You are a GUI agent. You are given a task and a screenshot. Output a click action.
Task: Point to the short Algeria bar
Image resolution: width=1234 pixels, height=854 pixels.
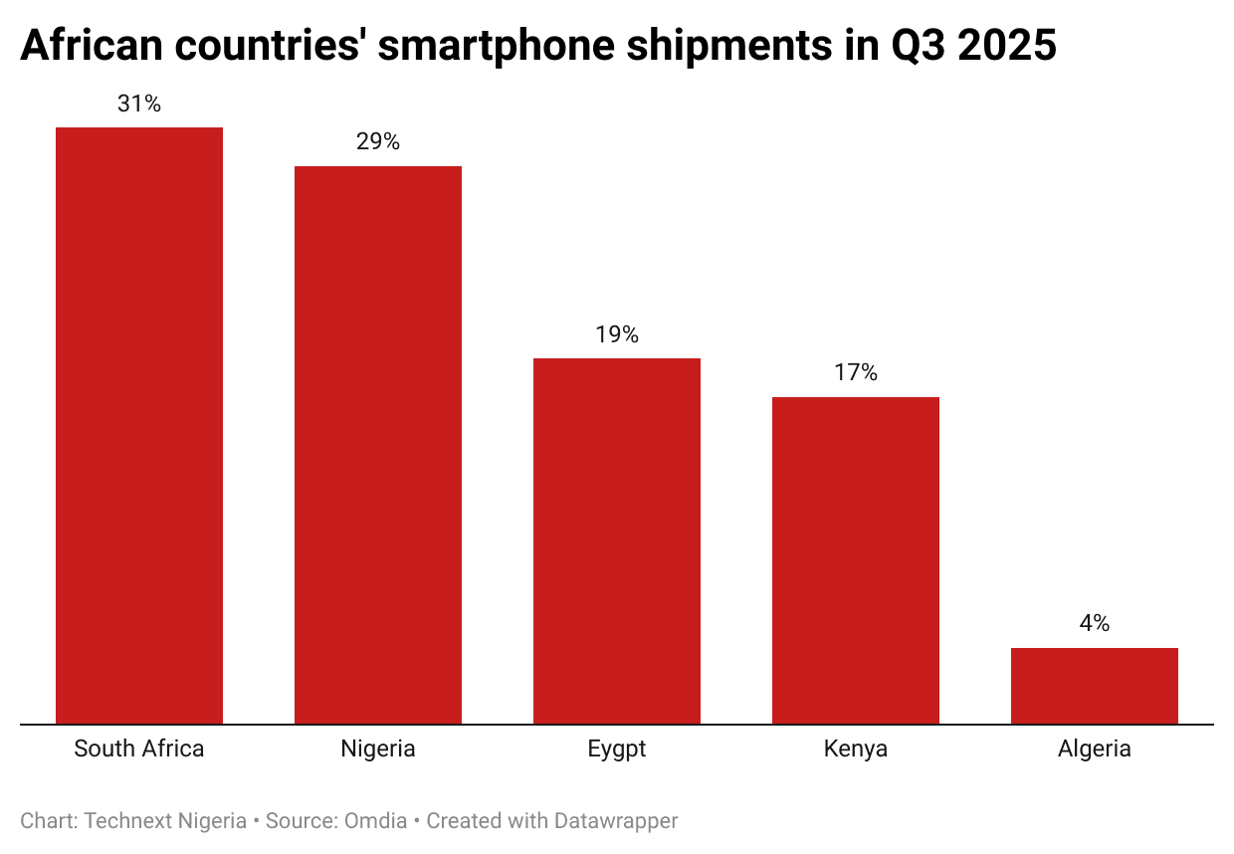(x=1095, y=686)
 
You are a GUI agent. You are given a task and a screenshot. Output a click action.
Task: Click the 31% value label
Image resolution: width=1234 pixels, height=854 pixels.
(x=139, y=104)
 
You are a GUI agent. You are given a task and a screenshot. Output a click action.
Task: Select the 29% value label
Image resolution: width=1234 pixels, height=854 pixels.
(x=378, y=142)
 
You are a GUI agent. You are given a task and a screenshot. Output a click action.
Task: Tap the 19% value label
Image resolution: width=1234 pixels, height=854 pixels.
(x=617, y=335)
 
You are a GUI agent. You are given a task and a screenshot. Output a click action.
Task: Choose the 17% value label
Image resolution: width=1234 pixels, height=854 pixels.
(x=856, y=373)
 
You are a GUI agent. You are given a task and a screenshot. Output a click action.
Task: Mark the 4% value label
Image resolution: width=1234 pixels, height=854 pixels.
(x=1095, y=624)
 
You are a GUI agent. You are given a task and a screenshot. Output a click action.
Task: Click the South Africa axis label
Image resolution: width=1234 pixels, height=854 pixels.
(x=139, y=749)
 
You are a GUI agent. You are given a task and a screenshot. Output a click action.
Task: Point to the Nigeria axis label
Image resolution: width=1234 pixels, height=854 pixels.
(x=378, y=749)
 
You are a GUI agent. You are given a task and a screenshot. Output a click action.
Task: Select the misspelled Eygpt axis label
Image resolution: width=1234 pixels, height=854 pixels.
(x=617, y=749)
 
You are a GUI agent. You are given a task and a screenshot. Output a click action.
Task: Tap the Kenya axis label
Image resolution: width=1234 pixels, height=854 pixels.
(x=856, y=749)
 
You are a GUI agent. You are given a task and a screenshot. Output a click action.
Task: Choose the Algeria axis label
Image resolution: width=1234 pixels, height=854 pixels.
(x=1095, y=749)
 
